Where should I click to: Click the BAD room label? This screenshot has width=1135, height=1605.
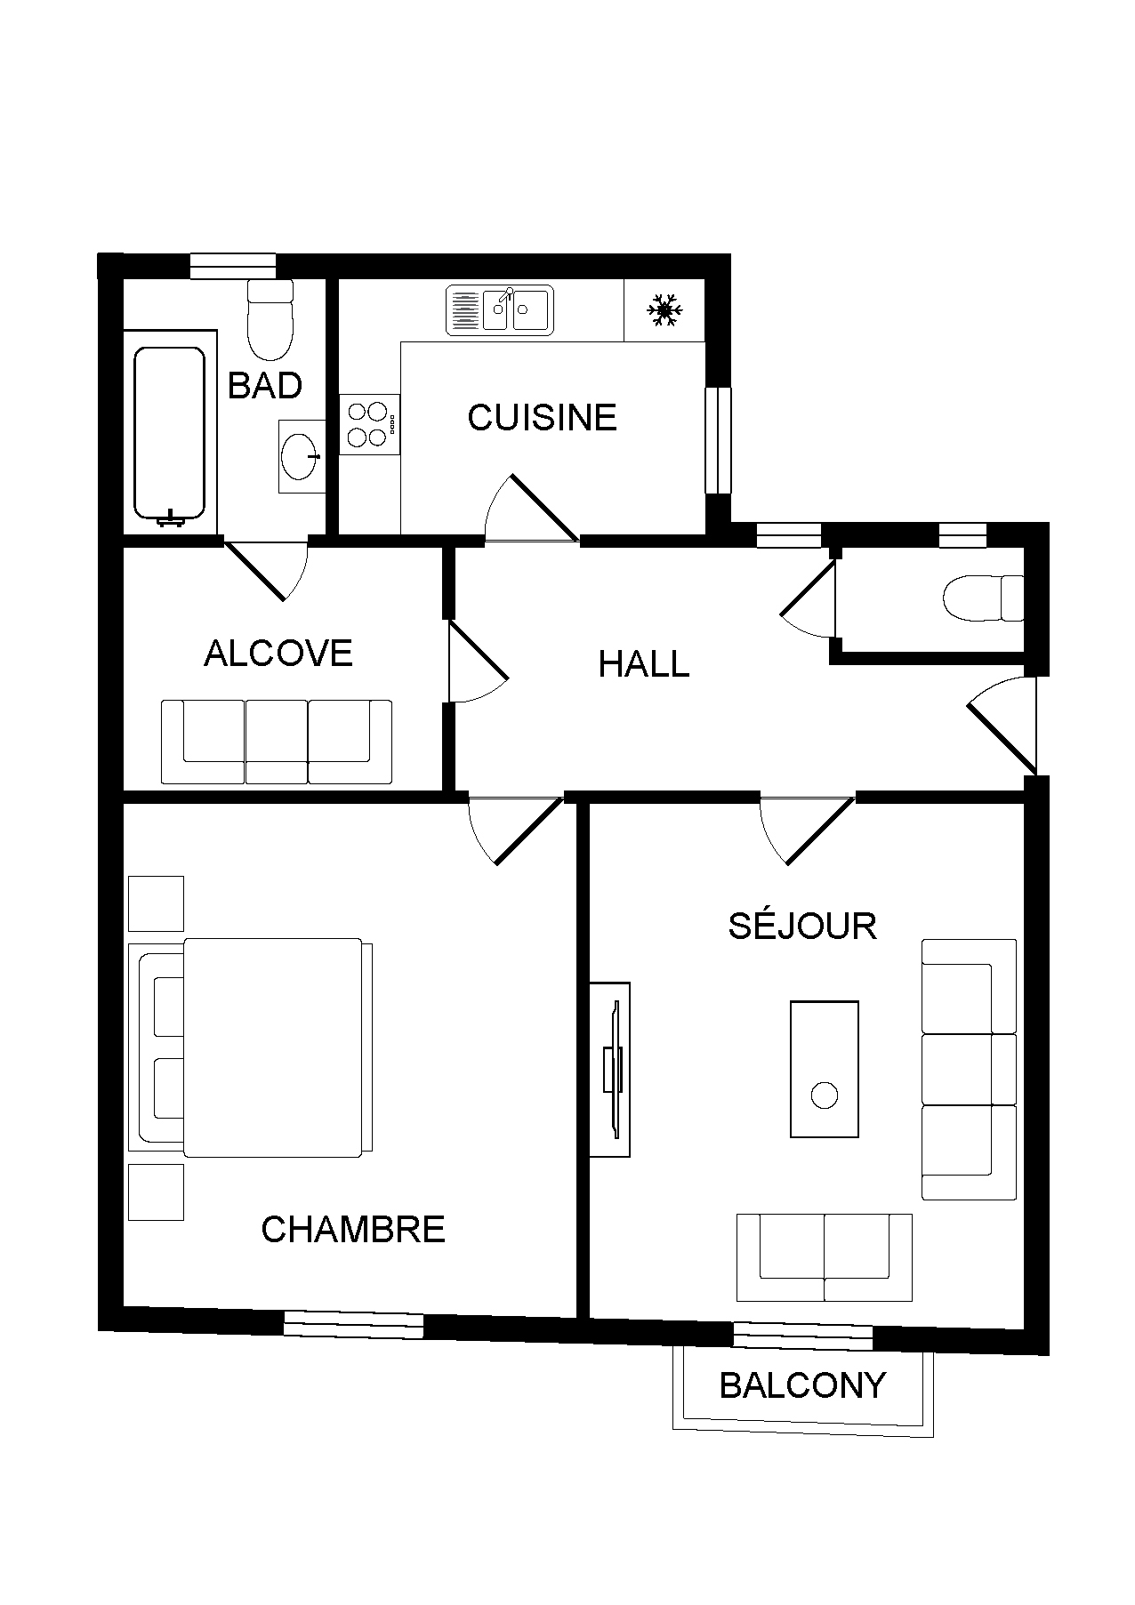265,385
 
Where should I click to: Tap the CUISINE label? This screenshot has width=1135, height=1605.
542,417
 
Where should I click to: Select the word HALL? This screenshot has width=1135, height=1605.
644,664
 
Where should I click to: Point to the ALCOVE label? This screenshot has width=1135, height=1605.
278,653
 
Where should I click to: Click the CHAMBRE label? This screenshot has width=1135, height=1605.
353,1229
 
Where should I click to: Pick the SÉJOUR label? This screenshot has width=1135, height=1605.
802,925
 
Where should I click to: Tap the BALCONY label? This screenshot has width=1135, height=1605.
802,1384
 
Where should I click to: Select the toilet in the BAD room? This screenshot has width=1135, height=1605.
270,318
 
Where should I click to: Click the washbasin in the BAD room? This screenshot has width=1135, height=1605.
302,456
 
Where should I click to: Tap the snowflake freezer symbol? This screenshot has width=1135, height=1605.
664,310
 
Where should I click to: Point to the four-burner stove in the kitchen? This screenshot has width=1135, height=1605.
370,424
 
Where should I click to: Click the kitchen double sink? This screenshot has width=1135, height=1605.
499,310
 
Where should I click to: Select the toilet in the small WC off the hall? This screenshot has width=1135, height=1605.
984,598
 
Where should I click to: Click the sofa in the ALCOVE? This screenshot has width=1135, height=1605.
277,742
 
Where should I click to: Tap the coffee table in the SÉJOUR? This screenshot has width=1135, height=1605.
825,1069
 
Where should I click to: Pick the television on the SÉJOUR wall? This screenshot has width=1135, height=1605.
610,1070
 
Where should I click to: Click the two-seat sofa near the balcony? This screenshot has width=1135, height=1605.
825,1257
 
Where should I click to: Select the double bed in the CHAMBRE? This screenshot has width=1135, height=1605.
251,1047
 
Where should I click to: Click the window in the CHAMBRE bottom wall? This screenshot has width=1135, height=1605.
353,1325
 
